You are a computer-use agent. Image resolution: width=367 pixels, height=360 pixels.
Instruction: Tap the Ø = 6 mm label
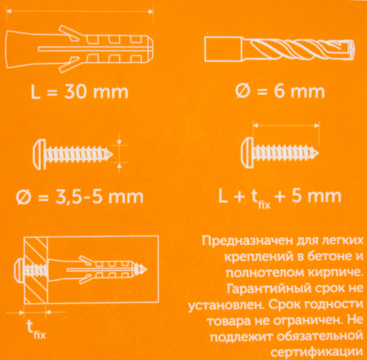[x=281, y=92]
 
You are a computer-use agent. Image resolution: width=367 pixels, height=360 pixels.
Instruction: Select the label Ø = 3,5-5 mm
[x=79, y=198]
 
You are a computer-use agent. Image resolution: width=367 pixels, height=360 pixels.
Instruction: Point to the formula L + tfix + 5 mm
[x=280, y=197]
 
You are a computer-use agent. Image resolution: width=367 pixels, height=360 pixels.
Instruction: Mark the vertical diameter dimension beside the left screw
[x=119, y=151]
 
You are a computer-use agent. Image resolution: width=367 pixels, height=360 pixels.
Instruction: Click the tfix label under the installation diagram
[x=36, y=328]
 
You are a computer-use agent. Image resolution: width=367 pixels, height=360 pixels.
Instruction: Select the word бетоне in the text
[x=326, y=257]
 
